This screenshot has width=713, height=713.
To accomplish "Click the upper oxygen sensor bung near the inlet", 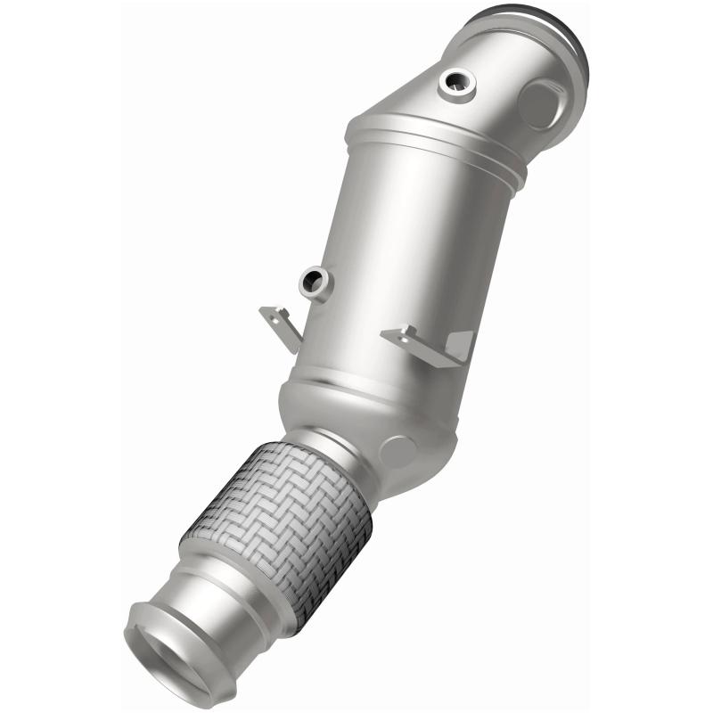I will pos(457,83).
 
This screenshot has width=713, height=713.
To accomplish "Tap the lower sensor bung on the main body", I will pos(315,283).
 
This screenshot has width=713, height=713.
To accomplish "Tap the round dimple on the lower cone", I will pos(397,450).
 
